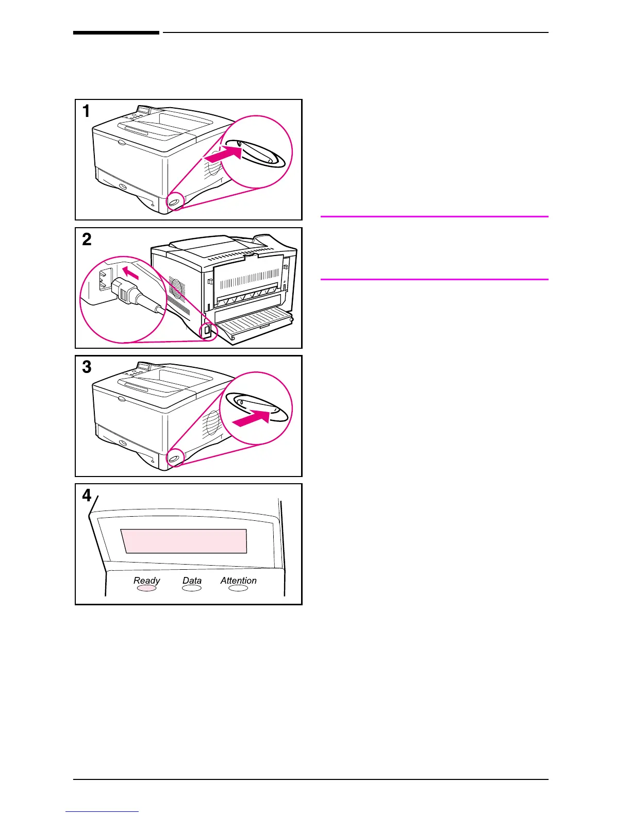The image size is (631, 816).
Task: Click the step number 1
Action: [87, 111]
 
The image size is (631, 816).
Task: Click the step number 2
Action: [87, 240]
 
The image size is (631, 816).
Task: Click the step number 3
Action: [87, 367]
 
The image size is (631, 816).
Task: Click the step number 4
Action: [87, 495]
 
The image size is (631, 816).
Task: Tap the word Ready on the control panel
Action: [147, 581]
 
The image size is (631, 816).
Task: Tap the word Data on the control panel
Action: [192, 581]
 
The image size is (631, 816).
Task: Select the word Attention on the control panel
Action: [238, 581]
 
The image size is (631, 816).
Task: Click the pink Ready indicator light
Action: [146, 588]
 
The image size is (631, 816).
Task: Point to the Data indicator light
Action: [192, 588]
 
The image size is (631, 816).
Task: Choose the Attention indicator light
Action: [238, 588]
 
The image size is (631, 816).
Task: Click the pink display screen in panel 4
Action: [185, 541]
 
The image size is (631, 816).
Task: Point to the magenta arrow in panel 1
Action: [223, 153]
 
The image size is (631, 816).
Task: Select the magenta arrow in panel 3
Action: [252, 416]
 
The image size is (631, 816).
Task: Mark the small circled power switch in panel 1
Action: [174, 201]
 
